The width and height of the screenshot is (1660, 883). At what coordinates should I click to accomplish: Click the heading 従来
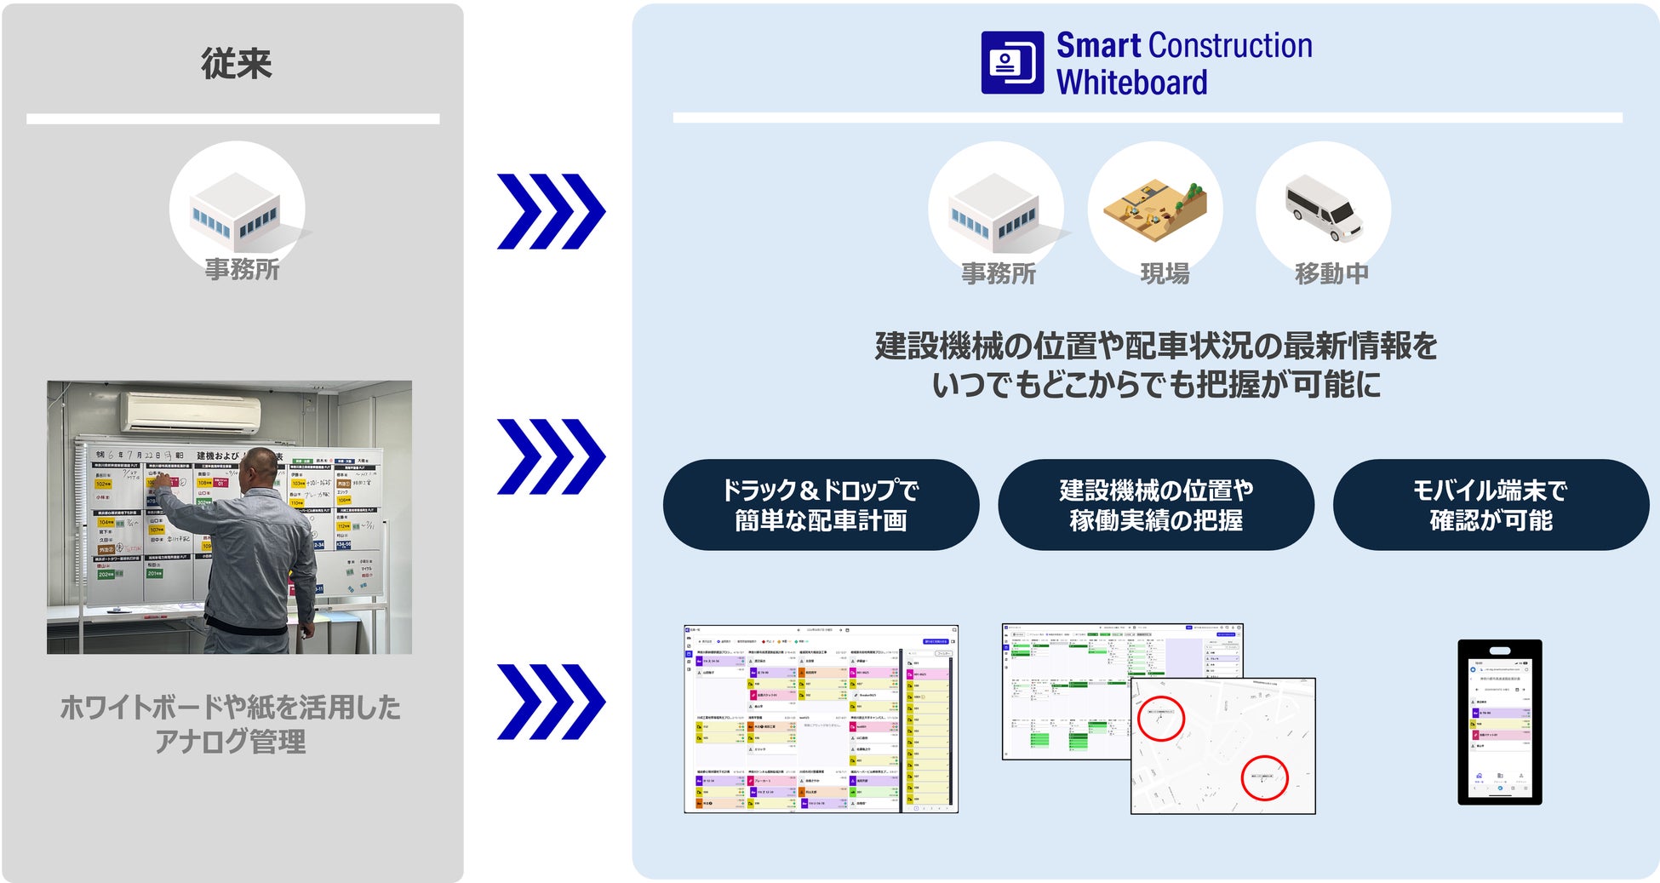coord(236,64)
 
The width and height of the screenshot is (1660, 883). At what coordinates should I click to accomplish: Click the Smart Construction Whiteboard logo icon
coord(1011,62)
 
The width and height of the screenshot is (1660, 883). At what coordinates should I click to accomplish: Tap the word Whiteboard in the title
coord(1131,83)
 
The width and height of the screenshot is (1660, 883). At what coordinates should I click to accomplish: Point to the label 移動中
coord(1331,273)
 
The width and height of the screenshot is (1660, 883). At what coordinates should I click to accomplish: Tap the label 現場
coord(1165,273)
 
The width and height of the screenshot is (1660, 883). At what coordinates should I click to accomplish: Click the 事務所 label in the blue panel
coord(999,273)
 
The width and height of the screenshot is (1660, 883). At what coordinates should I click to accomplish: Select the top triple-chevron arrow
coord(551,211)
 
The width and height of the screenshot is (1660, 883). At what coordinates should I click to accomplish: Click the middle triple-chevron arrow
coord(551,456)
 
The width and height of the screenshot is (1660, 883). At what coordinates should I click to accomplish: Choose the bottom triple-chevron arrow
coord(551,702)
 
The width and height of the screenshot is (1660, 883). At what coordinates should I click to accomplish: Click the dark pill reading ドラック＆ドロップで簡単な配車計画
coord(821,505)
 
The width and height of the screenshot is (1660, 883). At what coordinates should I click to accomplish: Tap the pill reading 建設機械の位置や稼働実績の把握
coord(1155,505)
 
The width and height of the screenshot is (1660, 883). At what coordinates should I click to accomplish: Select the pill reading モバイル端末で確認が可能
coord(1491,505)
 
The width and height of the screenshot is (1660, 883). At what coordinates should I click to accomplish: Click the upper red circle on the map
coord(1160,719)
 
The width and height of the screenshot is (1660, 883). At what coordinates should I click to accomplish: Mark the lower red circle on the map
coord(1264,777)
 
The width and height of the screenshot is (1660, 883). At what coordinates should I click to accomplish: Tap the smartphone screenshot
coord(1499,722)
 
